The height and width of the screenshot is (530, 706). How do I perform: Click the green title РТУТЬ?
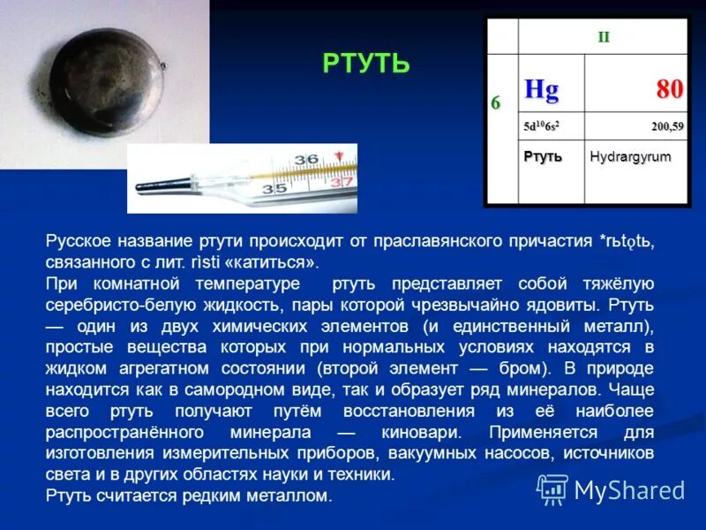(x=366, y=64)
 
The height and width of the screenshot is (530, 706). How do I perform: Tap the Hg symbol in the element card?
(x=541, y=88)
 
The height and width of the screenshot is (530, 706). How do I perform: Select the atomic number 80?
(x=668, y=88)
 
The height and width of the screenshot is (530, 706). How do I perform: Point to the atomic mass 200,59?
(x=667, y=127)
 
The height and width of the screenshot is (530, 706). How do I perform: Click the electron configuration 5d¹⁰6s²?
(x=541, y=127)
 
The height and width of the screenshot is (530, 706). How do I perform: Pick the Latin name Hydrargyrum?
(x=630, y=156)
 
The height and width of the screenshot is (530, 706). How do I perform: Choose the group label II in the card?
(x=605, y=37)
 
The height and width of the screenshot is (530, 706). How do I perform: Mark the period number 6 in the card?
(x=496, y=102)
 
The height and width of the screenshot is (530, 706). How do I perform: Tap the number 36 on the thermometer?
(x=305, y=159)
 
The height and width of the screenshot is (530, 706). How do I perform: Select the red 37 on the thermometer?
(x=342, y=182)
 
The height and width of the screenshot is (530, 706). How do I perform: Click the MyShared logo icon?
(x=552, y=488)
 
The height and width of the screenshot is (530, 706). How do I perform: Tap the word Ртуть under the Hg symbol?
(x=543, y=156)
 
